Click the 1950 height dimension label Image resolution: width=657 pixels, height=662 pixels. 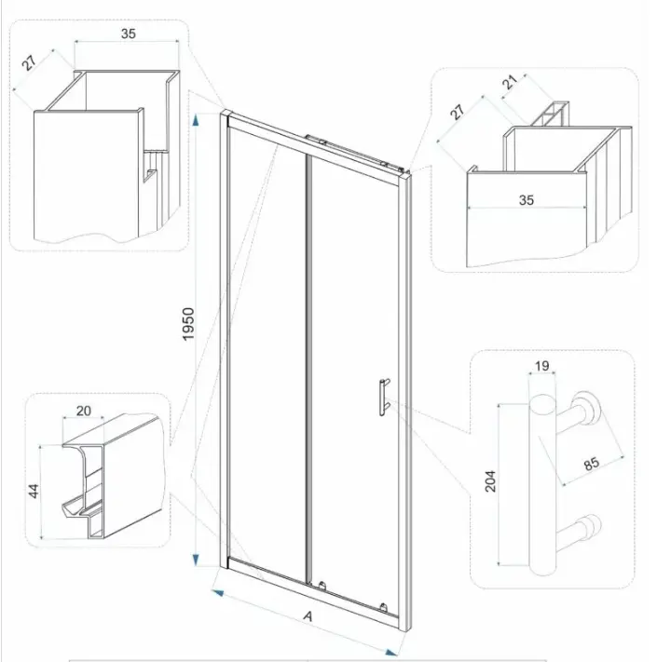(188, 324)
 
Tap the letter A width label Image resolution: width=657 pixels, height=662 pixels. (308, 616)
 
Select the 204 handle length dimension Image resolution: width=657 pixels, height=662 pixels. (490, 480)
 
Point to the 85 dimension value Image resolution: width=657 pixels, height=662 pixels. (592, 463)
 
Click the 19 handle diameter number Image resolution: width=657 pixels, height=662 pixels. (542, 366)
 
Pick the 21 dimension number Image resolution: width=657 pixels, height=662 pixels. (510, 82)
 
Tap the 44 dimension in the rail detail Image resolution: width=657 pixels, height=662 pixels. (34, 491)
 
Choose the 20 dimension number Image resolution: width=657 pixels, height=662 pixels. (84, 411)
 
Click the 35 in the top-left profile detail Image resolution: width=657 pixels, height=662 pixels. (129, 34)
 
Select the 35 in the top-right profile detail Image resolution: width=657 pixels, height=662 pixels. (527, 199)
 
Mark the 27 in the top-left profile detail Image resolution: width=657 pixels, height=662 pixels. (29, 62)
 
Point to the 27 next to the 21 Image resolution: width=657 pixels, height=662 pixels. (458, 112)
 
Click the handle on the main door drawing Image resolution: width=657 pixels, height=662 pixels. (384, 398)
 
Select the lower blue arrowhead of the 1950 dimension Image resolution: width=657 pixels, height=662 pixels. (195, 560)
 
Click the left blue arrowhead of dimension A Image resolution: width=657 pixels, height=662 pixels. (217, 592)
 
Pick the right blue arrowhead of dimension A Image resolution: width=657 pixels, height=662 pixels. (392, 653)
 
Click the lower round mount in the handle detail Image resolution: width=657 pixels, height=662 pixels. (590, 526)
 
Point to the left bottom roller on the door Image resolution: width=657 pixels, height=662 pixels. (322, 586)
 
